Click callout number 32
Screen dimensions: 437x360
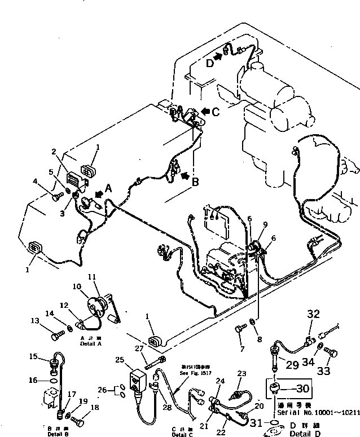pos(313,314)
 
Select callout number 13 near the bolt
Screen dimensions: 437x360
pos(35,321)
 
